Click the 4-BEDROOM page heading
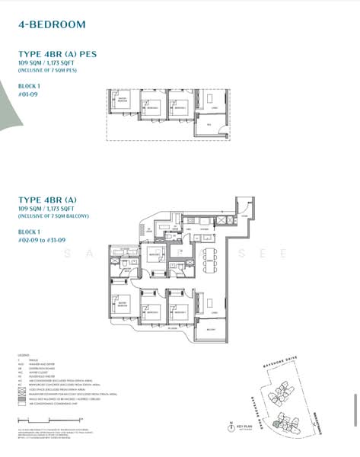[x=51, y=25]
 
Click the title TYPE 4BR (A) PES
[x=57, y=54]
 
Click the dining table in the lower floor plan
[x=209, y=263]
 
